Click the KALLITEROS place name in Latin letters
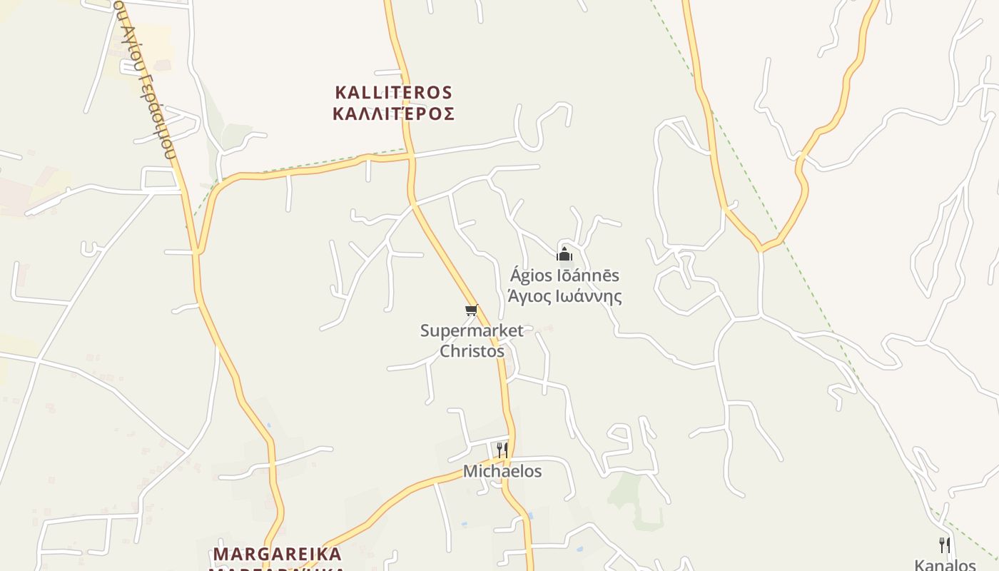(393, 93)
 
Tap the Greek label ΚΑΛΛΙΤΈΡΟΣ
(393, 113)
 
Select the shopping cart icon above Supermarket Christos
(471, 310)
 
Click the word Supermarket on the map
(472, 330)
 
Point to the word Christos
(472, 350)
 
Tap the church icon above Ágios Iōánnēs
(564, 254)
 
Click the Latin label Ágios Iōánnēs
(564, 276)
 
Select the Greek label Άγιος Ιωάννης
(564, 296)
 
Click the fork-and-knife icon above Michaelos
(502, 450)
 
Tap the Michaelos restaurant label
(502, 471)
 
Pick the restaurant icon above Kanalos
(945, 545)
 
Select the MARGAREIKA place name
(278, 554)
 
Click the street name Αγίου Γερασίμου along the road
(146, 79)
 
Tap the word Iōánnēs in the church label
(587, 276)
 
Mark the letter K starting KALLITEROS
(340, 93)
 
